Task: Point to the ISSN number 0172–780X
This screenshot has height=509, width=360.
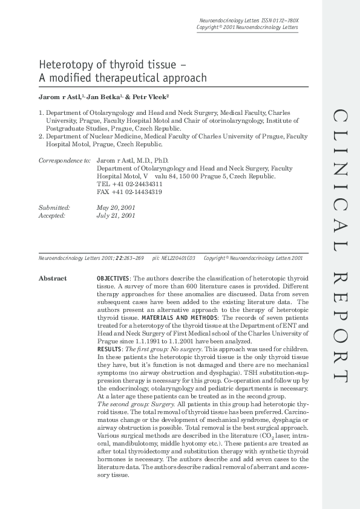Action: point(284,21)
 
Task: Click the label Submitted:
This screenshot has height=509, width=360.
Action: point(54,207)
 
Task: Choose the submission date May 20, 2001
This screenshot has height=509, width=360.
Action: point(116,207)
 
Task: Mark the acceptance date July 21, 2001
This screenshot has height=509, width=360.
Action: point(116,215)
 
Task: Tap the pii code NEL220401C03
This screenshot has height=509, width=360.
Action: point(178,258)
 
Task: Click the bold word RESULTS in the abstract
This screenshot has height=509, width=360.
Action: point(109,349)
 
